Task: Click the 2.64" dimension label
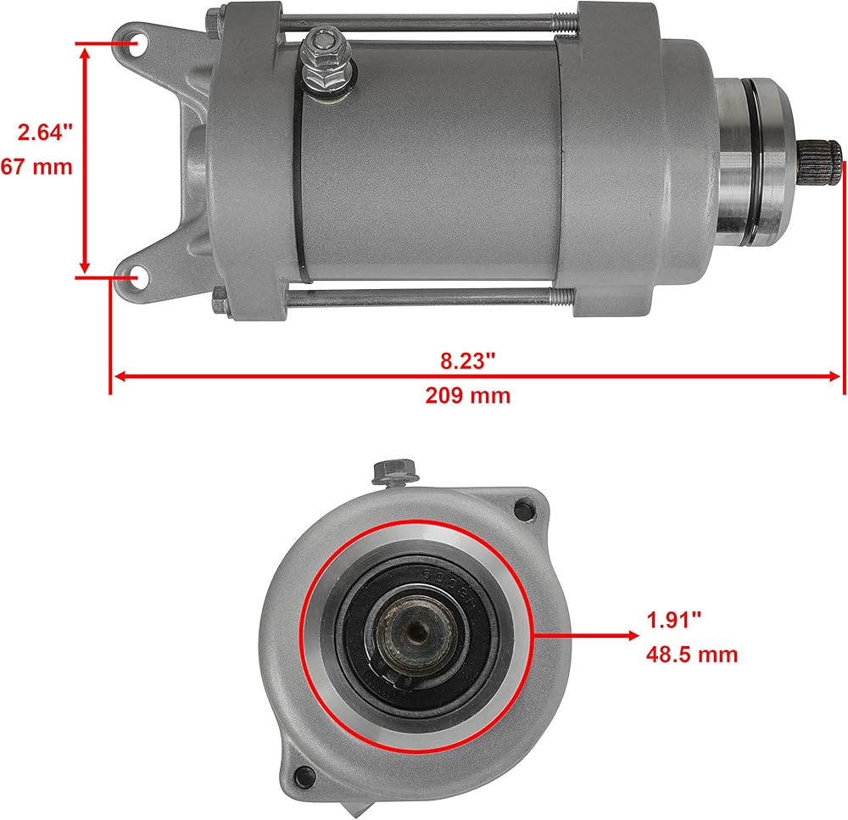(45, 132)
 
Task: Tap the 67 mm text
(36, 166)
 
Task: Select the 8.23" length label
(468, 360)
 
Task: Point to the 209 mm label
(468, 395)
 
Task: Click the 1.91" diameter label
(674, 620)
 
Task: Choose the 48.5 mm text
(692, 655)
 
